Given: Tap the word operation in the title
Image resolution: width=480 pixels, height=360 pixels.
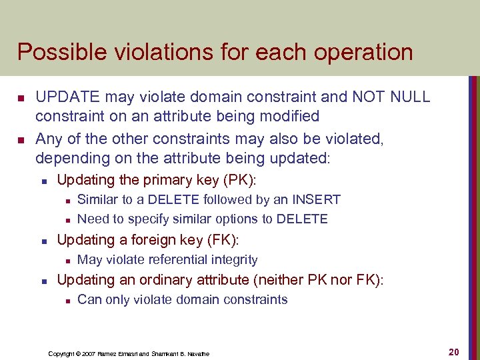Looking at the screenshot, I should pos(360,52).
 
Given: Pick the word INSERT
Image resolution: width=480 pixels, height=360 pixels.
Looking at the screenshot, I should pos(318,199).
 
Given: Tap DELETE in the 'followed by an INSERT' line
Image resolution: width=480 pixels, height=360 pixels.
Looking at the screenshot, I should pos(173,199).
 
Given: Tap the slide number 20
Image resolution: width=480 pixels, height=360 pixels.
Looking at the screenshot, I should pos(454,351).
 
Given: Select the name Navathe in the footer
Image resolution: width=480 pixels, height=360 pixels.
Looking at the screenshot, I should pos(196,353).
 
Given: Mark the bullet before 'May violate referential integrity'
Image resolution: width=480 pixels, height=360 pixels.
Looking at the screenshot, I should pos(68,261).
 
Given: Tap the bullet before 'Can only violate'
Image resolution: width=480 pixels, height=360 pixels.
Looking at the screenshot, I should pos(68,301).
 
